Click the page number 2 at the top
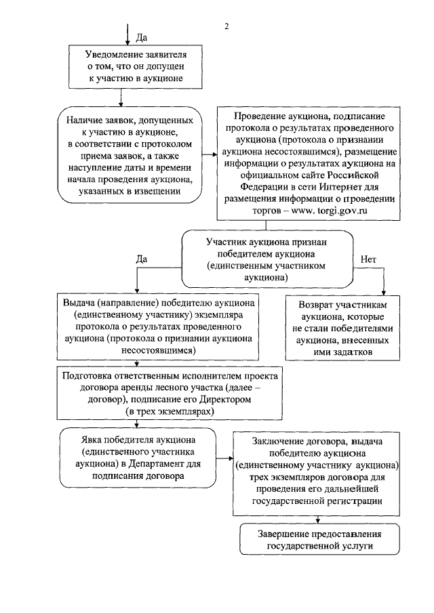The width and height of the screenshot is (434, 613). coord(227,27)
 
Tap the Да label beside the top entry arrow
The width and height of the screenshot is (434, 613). coord(143,37)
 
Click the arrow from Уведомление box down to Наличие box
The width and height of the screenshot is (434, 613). coord(121,96)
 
